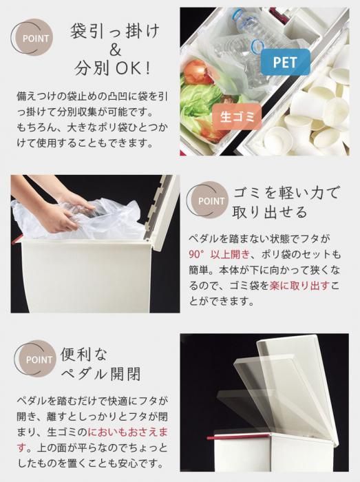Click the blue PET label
(286, 63)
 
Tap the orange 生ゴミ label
(237, 117)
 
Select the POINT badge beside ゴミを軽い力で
(209, 200)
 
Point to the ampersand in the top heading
(115, 50)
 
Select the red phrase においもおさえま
(128, 432)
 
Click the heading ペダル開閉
(101, 374)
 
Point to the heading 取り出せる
(270, 212)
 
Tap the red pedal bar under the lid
(215, 437)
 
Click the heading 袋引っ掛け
(115, 31)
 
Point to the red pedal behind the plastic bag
(16, 240)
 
